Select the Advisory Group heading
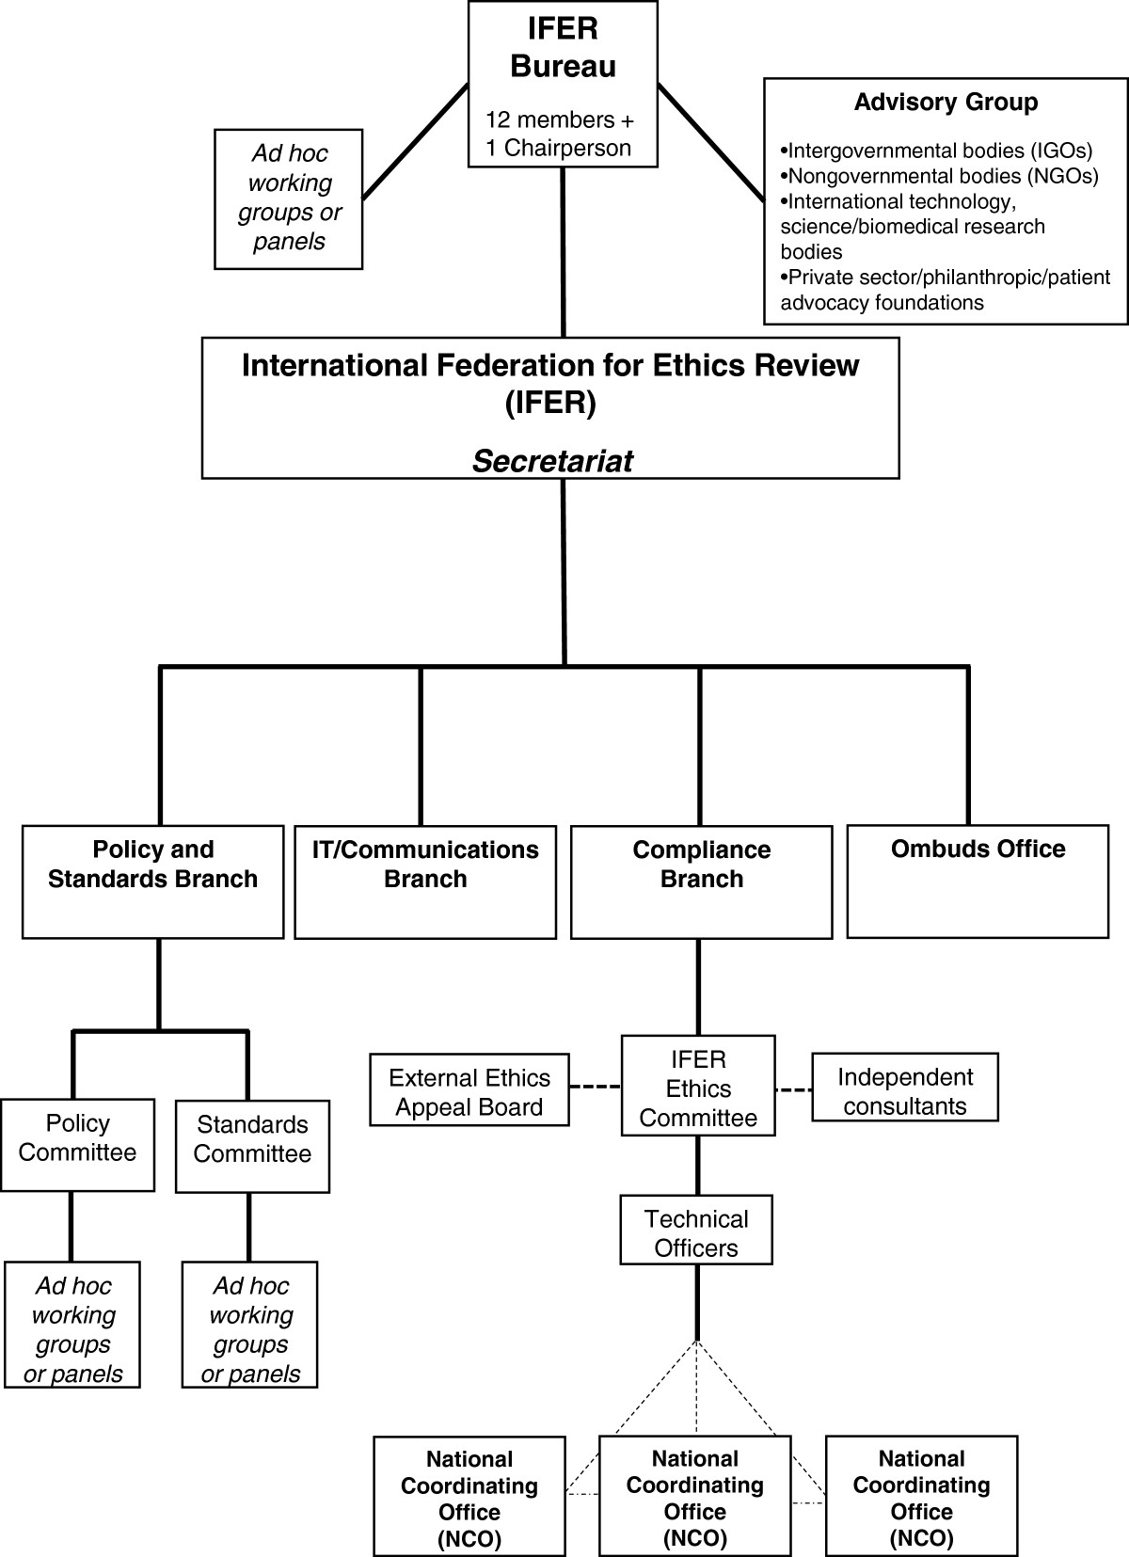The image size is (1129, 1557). point(946,103)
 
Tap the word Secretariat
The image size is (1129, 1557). point(552,461)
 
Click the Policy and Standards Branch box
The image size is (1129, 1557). point(152,881)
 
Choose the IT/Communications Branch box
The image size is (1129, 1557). point(425,882)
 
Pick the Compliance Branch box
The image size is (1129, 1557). point(701,882)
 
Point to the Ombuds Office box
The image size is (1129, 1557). point(978,881)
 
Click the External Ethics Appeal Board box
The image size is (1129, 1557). point(469,1091)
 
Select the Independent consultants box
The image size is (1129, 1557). point(904,1090)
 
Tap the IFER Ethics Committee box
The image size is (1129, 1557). point(698,1088)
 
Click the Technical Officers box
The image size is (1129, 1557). point(696,1232)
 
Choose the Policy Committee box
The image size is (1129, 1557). point(77,1144)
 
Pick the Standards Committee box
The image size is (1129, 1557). point(252,1145)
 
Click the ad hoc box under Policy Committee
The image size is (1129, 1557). point(72,1328)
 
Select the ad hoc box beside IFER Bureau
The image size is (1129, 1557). point(289,199)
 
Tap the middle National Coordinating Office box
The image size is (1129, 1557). point(695,1498)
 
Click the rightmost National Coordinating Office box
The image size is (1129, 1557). point(921,1498)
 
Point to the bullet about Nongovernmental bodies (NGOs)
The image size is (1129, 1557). point(939,176)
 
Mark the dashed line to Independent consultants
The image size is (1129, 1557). point(793,1090)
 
